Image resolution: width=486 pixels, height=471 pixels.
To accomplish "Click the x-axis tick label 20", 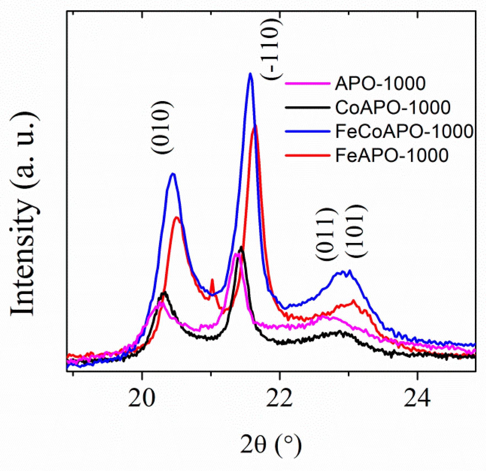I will pyautogui.click(x=142, y=398).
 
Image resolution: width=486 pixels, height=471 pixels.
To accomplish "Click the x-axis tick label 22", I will pyautogui.click(x=279, y=398).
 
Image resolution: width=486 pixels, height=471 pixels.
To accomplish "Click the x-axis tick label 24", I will pyautogui.click(x=417, y=398).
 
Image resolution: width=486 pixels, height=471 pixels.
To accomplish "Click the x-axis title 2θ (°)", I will pyautogui.click(x=271, y=445).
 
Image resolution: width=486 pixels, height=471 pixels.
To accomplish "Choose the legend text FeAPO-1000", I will pyautogui.click(x=392, y=155).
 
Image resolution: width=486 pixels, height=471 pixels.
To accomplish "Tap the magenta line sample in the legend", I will pyautogui.click(x=307, y=83).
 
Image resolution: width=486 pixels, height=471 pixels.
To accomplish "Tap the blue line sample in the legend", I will pyautogui.click(x=307, y=131).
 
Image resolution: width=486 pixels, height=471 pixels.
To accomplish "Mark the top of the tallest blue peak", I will pyautogui.click(x=250, y=74).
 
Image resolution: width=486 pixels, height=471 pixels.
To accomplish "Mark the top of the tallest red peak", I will pyautogui.click(x=255, y=126).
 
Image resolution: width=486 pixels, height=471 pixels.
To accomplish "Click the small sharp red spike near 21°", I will pyautogui.click(x=212, y=280).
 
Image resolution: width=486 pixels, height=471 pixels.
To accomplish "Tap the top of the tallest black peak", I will pyautogui.click(x=241, y=247).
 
